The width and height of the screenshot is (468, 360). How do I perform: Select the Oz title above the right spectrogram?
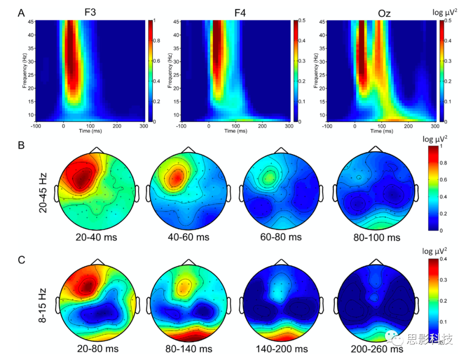[x=384, y=13]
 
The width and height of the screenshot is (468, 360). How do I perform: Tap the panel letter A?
[x=21, y=13]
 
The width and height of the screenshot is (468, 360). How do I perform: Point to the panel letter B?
[x=21, y=145]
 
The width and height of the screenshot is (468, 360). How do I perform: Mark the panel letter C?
[x=21, y=260]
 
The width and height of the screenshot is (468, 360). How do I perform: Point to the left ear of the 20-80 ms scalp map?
[x=58, y=305]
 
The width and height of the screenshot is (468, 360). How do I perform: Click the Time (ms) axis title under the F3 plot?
[x=90, y=131]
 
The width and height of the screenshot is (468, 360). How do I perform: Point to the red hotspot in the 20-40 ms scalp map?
[x=81, y=178]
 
